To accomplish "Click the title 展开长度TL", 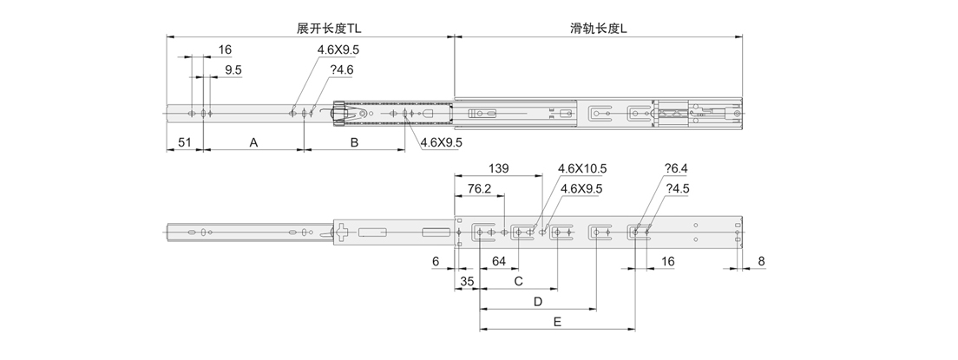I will (x=328, y=29).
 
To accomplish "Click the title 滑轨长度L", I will (x=599, y=29).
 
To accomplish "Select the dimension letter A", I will (x=253, y=142).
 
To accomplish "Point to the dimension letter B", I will (x=354, y=142).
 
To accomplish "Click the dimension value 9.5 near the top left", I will (x=233, y=69).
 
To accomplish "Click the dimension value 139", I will (x=499, y=168).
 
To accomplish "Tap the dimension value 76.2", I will (x=481, y=188).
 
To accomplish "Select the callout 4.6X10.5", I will (x=581, y=168).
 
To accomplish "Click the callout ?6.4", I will (x=676, y=168).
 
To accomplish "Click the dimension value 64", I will (x=500, y=261).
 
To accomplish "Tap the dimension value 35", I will (x=466, y=281).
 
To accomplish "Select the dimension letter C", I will (x=518, y=281).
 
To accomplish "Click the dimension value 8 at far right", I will (x=761, y=261).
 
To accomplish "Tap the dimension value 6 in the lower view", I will (x=435, y=261).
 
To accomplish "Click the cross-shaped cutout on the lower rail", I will (x=344, y=232).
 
